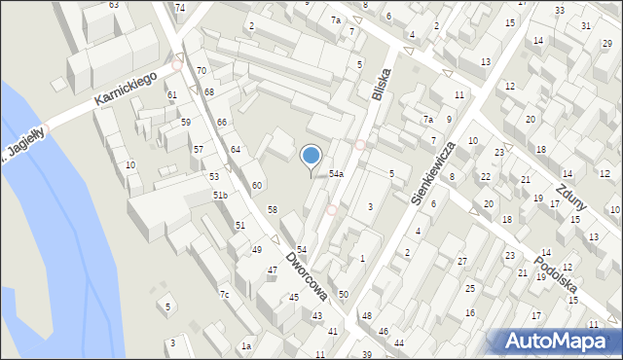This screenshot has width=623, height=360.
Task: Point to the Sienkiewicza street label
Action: point(435,172)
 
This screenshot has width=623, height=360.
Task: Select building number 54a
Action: point(336,173)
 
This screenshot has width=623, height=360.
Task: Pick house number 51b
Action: point(220,196)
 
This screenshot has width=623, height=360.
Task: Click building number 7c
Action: point(224,295)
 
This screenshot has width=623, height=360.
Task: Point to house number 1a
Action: point(247,346)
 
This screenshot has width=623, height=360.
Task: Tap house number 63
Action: point(114,5)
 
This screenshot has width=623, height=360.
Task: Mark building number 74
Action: point(180,8)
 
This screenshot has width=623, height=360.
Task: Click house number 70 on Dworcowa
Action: point(201,71)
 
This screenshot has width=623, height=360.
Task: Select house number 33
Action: point(560,11)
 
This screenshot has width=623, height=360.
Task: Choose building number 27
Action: point(462,261)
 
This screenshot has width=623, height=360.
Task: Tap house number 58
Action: point(273,210)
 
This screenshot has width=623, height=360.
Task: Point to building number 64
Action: point(235,149)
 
